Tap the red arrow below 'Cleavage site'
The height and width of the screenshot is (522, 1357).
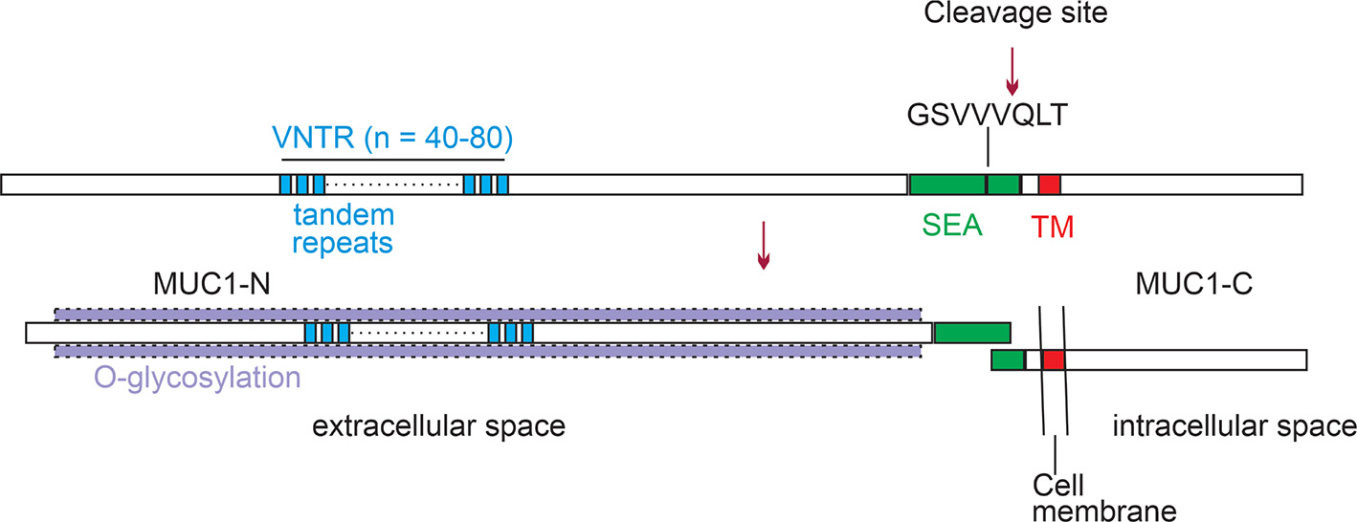click(x=1011, y=73)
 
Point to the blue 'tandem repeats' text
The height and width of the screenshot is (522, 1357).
click(x=342, y=227)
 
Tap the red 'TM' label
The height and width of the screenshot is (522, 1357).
click(x=1053, y=227)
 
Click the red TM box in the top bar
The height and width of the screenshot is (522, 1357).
click(x=1050, y=184)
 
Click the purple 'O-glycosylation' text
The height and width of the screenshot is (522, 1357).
click(x=197, y=378)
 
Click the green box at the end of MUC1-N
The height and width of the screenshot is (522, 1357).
click(x=972, y=332)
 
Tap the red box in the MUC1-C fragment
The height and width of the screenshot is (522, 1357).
click(x=1054, y=360)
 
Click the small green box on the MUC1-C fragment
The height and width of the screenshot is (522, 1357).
click(x=1008, y=360)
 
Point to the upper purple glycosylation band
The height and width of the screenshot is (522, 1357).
click(x=488, y=314)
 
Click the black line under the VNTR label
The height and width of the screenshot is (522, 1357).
click(x=398, y=159)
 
